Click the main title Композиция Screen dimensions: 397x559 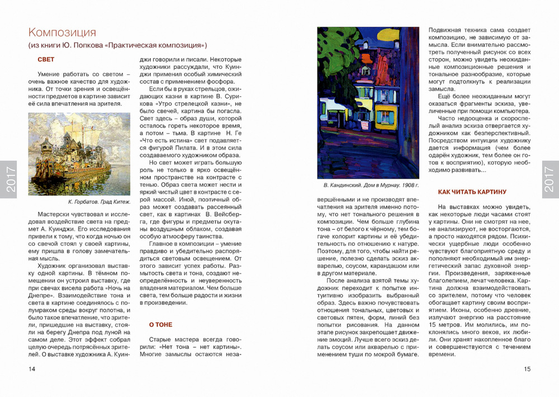(62, 32)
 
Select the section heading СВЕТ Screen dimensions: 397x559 (46, 59)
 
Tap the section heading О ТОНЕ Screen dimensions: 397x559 (160, 324)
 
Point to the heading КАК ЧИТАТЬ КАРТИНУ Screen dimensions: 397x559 (472, 192)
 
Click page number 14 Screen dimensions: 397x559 (32, 368)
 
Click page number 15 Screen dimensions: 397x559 (527, 368)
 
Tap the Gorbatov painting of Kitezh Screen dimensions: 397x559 (79, 154)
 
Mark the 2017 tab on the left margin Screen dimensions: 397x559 (9, 179)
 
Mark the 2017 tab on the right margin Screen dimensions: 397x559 (550, 179)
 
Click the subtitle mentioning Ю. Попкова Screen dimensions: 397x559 (117, 45)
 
